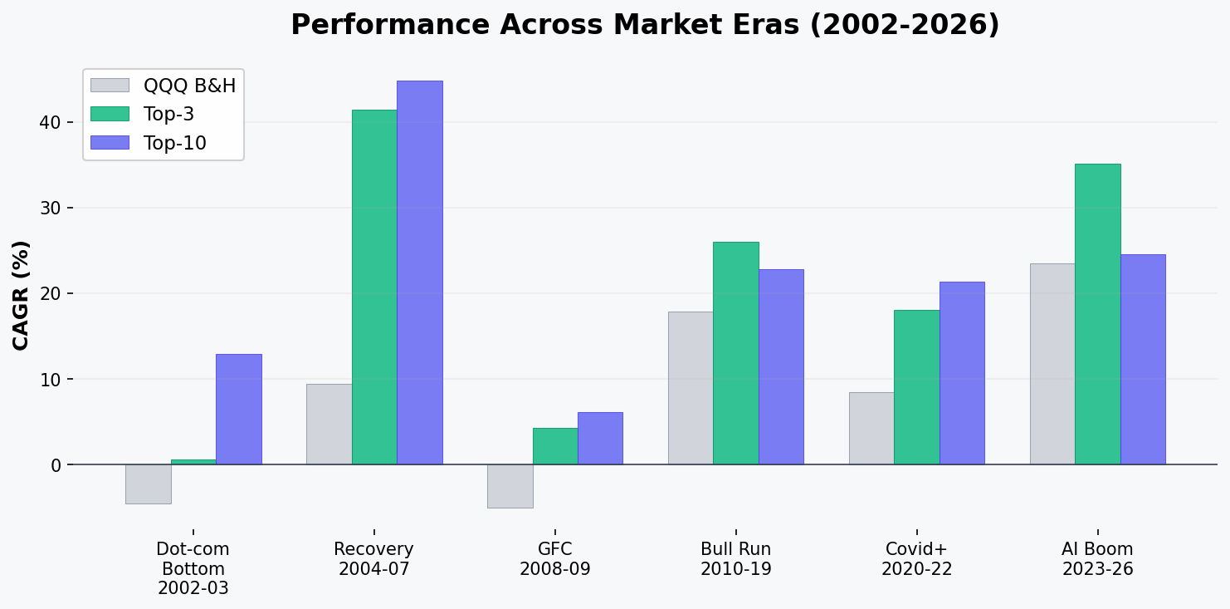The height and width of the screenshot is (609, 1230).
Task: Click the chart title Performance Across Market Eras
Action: coord(645,25)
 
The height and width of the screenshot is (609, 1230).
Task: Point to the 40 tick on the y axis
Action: coord(51,122)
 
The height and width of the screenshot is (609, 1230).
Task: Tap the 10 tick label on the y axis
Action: coord(51,380)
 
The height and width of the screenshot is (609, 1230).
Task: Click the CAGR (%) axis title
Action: coord(21,295)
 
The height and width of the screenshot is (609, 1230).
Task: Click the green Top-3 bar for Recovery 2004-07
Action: coord(374,287)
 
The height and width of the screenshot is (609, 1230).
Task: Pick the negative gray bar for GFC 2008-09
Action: coord(510,486)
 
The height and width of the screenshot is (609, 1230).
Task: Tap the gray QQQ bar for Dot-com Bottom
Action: coord(149,484)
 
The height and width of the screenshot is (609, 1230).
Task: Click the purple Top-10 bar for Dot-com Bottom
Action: coord(238,409)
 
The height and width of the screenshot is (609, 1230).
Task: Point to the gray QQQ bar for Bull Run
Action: coord(691,388)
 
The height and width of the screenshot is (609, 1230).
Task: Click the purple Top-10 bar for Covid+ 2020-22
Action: coord(961,373)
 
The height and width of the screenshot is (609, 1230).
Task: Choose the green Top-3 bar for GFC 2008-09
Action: coord(555,446)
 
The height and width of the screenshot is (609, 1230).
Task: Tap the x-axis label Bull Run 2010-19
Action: coord(735,559)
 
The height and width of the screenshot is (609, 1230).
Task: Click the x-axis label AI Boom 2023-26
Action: coord(1097,559)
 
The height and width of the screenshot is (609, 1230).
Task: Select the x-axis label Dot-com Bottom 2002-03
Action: coord(193,569)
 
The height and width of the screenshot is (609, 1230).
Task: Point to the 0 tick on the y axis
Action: coord(56,465)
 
